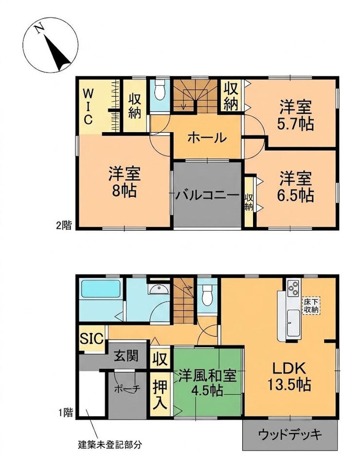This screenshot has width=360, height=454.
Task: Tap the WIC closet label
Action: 88,107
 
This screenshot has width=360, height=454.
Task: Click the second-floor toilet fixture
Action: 160,90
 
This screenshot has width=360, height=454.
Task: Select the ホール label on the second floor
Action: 207,138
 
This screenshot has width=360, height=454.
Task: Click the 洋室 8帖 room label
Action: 125,182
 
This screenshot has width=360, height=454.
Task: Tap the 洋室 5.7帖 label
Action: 296,115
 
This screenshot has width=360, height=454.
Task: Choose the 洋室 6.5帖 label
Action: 296,187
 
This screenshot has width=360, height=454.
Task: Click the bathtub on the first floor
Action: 101,288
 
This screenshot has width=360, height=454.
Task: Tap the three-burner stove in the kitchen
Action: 293,288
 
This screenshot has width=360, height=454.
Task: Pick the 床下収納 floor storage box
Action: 311,305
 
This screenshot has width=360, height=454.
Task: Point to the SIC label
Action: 91,338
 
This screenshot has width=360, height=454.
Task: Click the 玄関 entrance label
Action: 126,355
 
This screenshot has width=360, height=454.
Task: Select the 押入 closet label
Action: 160,395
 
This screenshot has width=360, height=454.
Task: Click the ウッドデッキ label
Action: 290,435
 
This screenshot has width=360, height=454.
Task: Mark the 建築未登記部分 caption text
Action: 110,444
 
